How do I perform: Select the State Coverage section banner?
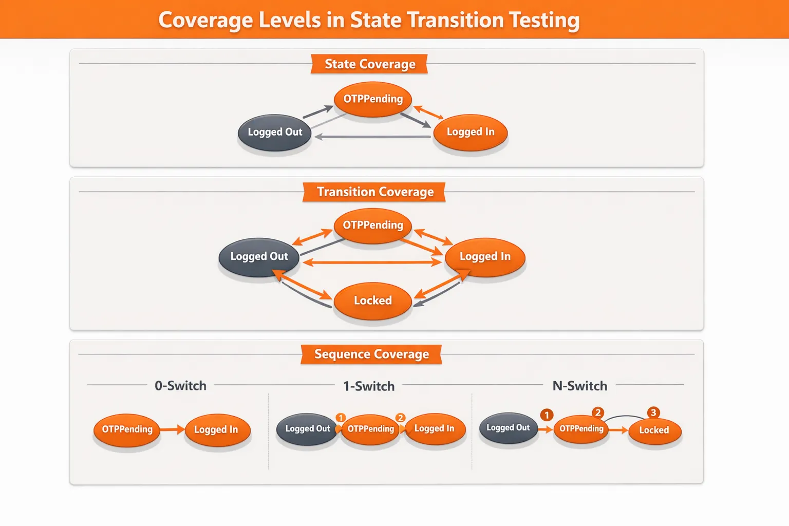pos(369,64)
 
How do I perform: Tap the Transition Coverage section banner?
pos(374,192)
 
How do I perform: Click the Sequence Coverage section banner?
pos(371,354)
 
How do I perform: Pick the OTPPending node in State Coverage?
pos(373,99)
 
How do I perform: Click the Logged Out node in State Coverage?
pos(275,133)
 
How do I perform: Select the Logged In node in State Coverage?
pos(471,133)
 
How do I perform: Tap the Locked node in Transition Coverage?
pos(373,301)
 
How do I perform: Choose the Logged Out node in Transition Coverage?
pos(259,257)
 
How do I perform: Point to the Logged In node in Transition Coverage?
pos(485,257)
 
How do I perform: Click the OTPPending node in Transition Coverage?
pos(373,226)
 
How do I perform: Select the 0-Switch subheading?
pos(180,386)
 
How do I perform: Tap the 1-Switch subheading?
pos(369,386)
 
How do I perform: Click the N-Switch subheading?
pos(579,386)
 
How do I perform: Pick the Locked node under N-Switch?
pos(654,430)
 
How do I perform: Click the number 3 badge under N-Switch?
pos(653,412)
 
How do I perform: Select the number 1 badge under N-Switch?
pos(547,415)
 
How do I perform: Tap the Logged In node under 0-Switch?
pos(216,430)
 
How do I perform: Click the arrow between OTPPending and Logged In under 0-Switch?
pos(172,429)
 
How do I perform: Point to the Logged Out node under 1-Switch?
pos(307,429)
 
